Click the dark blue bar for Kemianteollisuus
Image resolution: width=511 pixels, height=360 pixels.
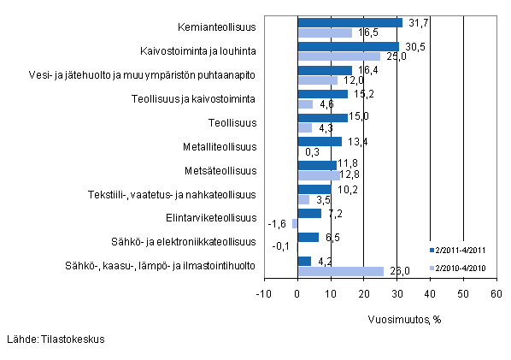[349, 23]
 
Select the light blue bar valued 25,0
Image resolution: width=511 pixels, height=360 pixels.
[338, 56]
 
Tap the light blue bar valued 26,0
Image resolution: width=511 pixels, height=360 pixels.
[340, 271]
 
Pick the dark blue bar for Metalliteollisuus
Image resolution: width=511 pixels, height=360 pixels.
[320, 141]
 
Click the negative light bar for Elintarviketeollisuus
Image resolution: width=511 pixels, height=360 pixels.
[295, 223]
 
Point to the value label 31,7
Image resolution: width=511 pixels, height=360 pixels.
[415, 22]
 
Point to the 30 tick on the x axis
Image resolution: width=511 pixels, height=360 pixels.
[396, 295]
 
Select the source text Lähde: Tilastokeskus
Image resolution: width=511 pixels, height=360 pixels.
[55, 339]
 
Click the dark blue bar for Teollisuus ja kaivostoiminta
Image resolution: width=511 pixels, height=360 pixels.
[322, 94]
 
